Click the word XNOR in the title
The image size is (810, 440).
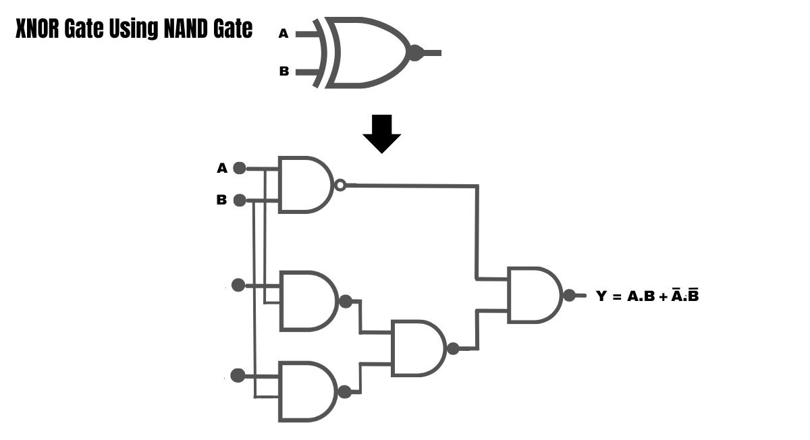[x=37, y=28]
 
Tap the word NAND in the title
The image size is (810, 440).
[x=185, y=28]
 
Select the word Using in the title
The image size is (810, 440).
[x=134, y=30]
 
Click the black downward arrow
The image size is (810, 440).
[x=382, y=134]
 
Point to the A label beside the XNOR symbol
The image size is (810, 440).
[x=283, y=34]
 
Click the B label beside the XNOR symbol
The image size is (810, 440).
[x=284, y=72]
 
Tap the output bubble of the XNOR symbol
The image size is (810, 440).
[x=416, y=53]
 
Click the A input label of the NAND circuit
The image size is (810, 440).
[x=222, y=168]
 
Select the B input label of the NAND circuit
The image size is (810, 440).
[x=221, y=200]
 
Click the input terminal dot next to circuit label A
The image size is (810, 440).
[x=240, y=168]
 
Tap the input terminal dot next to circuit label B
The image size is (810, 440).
[x=240, y=200]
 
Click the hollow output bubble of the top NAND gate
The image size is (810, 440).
[x=340, y=185]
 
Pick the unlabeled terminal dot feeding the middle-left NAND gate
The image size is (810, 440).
[x=238, y=285]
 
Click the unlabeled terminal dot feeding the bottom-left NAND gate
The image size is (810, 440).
[x=238, y=375]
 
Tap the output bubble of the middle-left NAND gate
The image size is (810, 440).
[x=346, y=301]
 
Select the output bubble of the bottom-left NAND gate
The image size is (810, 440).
[x=344, y=391]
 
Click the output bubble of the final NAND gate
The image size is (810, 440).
[x=569, y=295]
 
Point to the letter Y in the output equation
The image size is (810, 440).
[x=601, y=296]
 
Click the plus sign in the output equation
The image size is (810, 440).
[x=663, y=297]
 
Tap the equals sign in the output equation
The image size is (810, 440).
[x=617, y=297]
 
